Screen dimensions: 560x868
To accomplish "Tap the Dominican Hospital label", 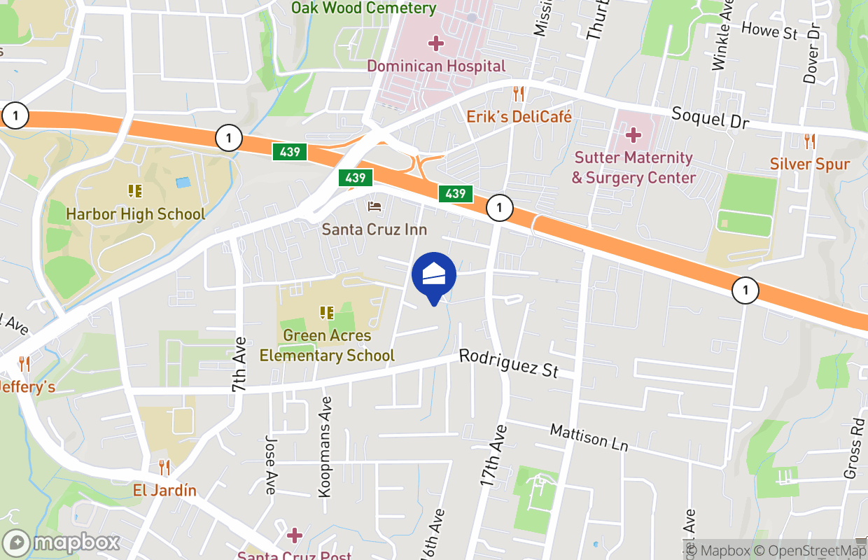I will pos(435,66).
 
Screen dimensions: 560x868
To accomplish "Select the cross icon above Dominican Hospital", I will pos(436,44).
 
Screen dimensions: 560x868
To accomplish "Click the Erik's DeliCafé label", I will pos(519,116).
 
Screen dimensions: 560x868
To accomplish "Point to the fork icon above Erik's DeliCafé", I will pos(519,93).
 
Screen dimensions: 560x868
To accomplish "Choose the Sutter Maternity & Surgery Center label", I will pos(633,167).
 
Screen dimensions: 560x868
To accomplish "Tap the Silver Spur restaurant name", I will pos(810,164).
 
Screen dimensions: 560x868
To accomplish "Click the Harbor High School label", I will pos(135,213).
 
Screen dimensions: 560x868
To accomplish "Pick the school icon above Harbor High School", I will pos(135,190).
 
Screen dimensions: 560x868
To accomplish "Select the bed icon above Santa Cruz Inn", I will pos(374,206).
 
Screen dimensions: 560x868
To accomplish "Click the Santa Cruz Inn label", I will pos(374,229).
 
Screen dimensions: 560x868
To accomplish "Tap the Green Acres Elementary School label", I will pos(327,345).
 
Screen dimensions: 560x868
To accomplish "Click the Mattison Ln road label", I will pos(589,437).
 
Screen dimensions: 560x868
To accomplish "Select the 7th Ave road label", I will pos(239,365).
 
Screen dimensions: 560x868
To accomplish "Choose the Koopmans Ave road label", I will pos(325,447).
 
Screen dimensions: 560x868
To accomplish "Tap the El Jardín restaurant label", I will pos(164,489).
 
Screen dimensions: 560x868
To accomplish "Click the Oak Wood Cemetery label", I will pos(363,8).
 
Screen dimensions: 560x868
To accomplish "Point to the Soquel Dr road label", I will pos(710,118).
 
